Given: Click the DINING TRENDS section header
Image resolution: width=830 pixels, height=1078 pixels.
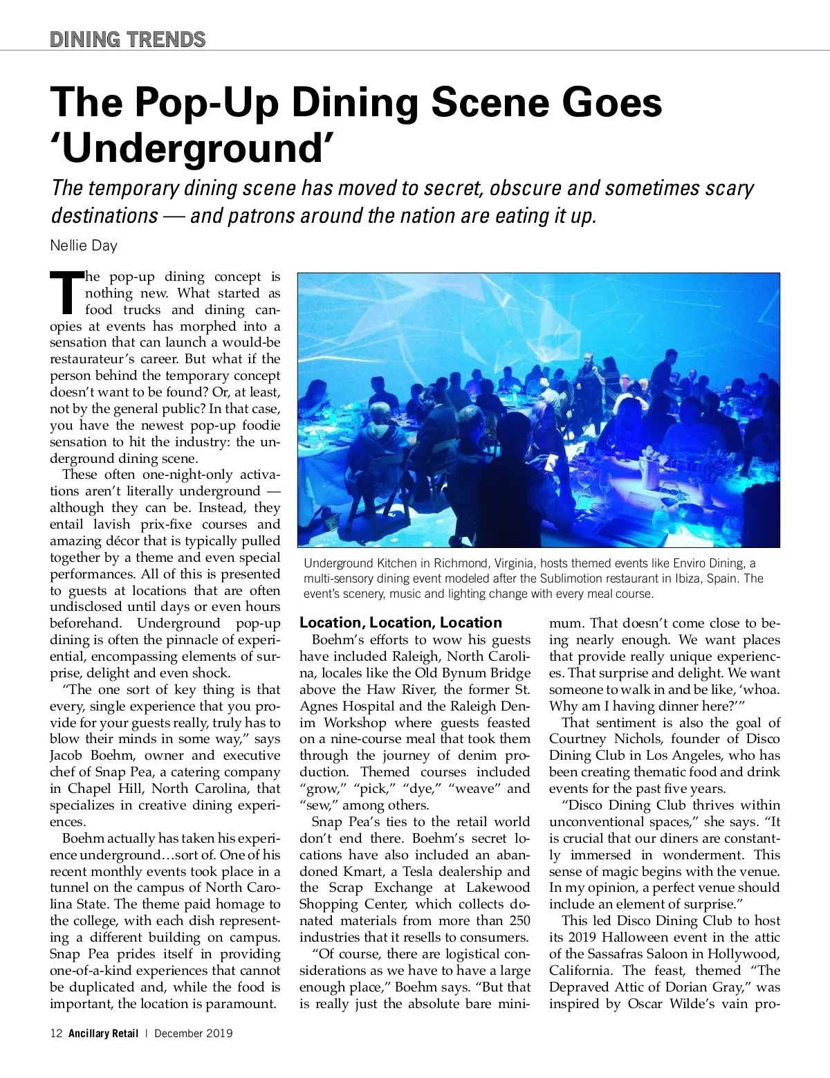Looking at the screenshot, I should pyautogui.click(x=128, y=39).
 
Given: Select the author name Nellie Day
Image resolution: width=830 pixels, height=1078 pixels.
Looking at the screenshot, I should pyautogui.click(x=84, y=245).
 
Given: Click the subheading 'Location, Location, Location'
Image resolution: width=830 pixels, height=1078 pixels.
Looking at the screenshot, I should pyautogui.click(x=400, y=622).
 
